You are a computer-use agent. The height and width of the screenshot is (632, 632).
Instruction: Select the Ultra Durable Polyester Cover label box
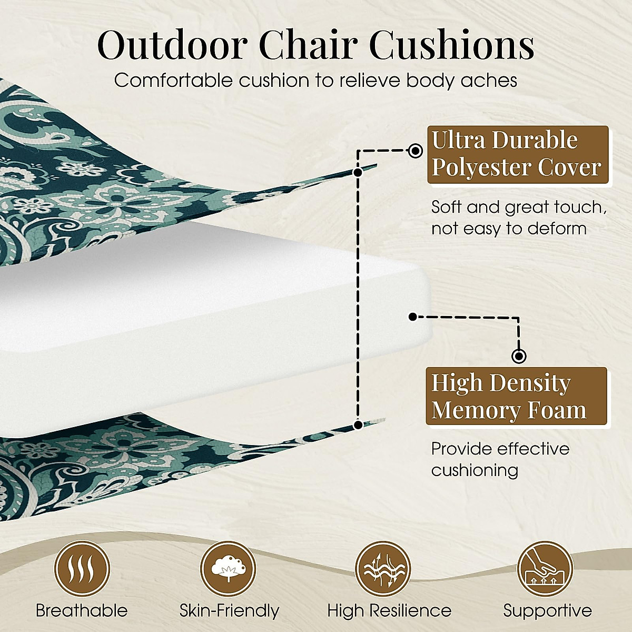click(x=517, y=154)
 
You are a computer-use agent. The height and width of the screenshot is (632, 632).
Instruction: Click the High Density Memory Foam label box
click(x=516, y=397)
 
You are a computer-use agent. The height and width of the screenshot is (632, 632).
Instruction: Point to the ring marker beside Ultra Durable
click(x=416, y=151)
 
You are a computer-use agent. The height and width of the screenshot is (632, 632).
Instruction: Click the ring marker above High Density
click(x=519, y=357)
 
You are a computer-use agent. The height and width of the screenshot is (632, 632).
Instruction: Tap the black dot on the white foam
click(x=413, y=317)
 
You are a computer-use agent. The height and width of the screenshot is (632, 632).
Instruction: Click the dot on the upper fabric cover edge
click(x=358, y=172)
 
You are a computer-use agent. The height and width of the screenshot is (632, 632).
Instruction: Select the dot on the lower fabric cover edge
click(x=358, y=424)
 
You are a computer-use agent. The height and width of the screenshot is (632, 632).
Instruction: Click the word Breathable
click(x=82, y=611)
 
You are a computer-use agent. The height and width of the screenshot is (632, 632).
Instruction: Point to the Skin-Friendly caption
click(x=229, y=611)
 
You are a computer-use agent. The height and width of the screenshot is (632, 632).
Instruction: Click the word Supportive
click(x=547, y=611)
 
